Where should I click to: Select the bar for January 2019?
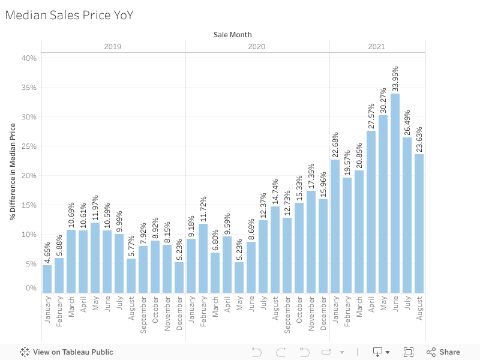pos(47,279)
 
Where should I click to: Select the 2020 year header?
pos(257,46)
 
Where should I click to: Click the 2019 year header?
pos(113,46)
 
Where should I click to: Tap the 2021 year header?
pos(377,46)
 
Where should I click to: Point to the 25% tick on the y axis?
pos(29,146)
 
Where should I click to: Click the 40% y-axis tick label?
pos(29,58)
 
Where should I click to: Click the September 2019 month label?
pos(143,314)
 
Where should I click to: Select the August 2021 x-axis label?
pos(419,310)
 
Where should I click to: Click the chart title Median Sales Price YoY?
pos(69,15)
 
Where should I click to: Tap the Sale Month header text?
pos(233,35)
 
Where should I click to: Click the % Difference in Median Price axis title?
pos(13,172)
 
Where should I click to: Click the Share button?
pos(443,352)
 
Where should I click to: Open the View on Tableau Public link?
pos(67,352)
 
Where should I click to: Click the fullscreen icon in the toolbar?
pos(409,352)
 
